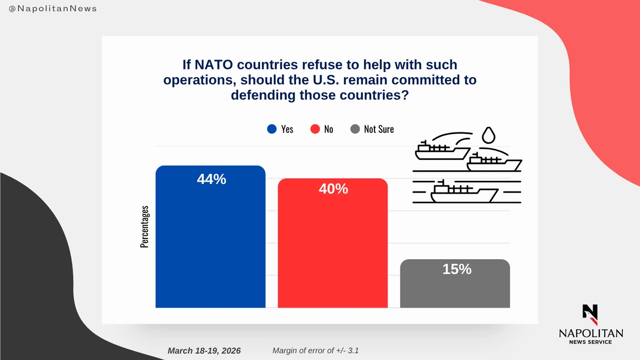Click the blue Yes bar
pyautogui.click(x=210, y=240)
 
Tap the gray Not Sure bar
pyautogui.click(x=454, y=288)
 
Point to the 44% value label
pyautogui.click(x=211, y=180)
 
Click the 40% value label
pyautogui.click(x=333, y=189)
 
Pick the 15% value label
pyautogui.click(x=457, y=269)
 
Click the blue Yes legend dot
pyautogui.click(x=272, y=129)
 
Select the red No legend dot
pyautogui.click(x=315, y=129)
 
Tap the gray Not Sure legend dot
pyautogui.click(x=355, y=129)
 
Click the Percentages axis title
pyautogui.click(x=145, y=227)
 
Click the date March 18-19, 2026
pyautogui.click(x=204, y=350)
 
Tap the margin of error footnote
pyautogui.click(x=319, y=350)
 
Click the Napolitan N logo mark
pyautogui.click(x=590, y=314)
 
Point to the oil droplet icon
pyautogui.click(x=487, y=135)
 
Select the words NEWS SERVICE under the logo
pyautogui.click(x=590, y=342)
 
